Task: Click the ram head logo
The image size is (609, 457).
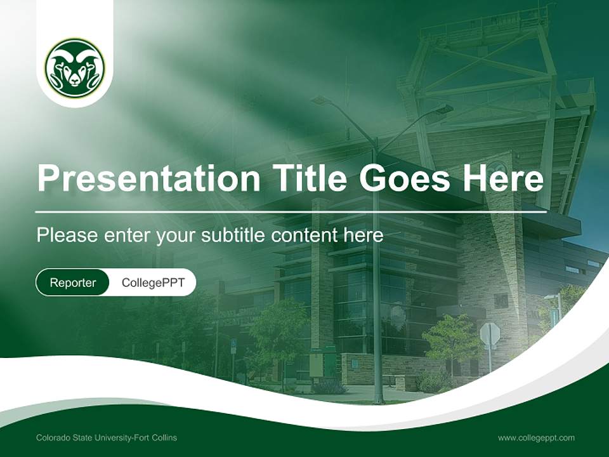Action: click(x=75, y=68)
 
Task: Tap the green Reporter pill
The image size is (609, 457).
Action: click(x=72, y=282)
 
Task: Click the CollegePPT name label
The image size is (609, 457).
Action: click(x=153, y=282)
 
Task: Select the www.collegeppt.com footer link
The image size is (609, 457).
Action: click(x=536, y=437)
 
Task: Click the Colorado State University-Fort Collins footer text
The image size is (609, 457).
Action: click(x=107, y=437)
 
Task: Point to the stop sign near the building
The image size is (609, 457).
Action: click(x=490, y=334)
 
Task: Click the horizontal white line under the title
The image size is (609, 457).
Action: click(x=291, y=212)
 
